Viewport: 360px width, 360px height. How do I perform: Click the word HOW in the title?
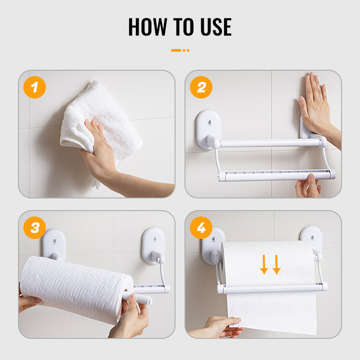coord(148,27)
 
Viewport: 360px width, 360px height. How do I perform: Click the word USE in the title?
coord(216,27)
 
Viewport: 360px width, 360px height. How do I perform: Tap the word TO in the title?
coord(183,27)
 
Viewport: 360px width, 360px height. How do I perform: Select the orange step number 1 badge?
coord(35,87)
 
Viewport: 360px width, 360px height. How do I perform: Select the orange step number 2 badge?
coord(201,87)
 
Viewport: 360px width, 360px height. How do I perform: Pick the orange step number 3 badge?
coord(35,228)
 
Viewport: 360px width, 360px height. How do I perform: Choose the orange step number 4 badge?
coord(201,228)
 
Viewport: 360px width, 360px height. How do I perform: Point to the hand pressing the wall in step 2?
coord(318,110)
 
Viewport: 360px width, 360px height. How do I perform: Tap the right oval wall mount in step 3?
coord(153,246)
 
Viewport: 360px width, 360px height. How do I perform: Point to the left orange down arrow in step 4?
coord(264,265)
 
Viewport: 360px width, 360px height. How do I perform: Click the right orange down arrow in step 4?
coord(276,265)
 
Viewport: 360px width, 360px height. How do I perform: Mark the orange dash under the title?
coord(176,50)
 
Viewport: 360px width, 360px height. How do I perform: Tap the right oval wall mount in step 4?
coord(311,237)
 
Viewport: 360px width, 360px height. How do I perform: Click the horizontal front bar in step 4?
coord(272,288)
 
